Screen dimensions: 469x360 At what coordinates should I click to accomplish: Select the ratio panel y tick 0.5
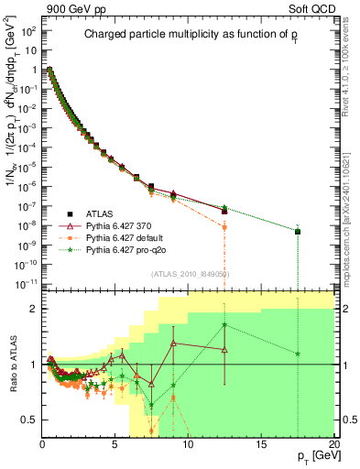point(28,420)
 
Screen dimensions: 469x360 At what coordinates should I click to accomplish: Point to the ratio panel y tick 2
point(33,309)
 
